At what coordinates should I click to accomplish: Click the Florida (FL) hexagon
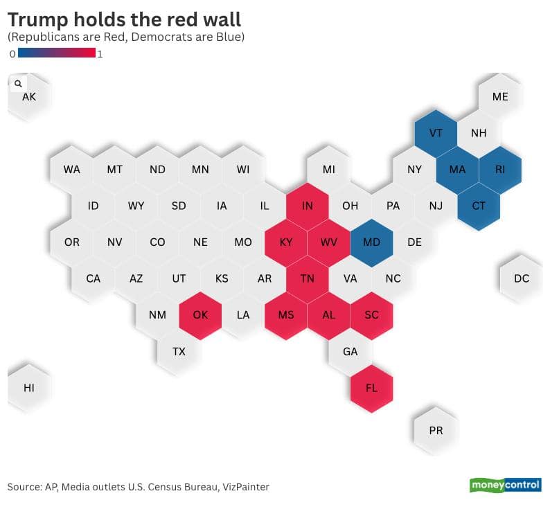pyautogui.click(x=371, y=388)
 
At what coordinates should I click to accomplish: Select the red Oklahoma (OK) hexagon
pyautogui.click(x=200, y=315)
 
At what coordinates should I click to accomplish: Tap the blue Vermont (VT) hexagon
pyautogui.click(x=436, y=133)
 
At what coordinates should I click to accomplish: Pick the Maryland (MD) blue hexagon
pyautogui.click(x=371, y=242)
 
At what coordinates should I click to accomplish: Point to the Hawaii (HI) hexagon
pyautogui.click(x=29, y=388)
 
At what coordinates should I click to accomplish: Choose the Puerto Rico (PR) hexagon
pyautogui.click(x=436, y=430)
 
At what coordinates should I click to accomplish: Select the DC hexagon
pyautogui.click(x=522, y=278)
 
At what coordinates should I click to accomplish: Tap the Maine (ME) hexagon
pyautogui.click(x=500, y=97)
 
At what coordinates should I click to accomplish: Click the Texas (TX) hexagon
pyautogui.click(x=179, y=351)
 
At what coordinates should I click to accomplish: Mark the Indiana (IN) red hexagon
pyautogui.click(x=307, y=206)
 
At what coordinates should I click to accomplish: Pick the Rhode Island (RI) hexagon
pyautogui.click(x=500, y=169)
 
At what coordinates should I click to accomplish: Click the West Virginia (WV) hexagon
pyautogui.click(x=328, y=242)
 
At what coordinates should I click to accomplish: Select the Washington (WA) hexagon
pyautogui.click(x=71, y=169)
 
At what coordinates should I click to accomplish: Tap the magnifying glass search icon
pyautogui.click(x=18, y=83)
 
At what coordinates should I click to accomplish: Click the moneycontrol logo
pyautogui.click(x=506, y=485)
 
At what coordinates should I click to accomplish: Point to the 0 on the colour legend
pyautogui.click(x=12, y=53)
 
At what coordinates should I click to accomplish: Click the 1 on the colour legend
pyautogui.click(x=100, y=53)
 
